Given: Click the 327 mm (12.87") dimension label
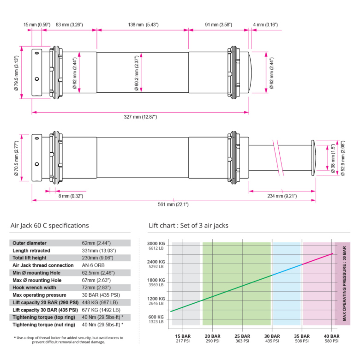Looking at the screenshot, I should click(141, 117).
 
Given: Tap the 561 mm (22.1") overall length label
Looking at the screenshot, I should click(173, 204).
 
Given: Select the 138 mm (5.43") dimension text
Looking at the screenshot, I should click(143, 24).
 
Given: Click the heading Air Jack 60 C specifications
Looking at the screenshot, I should click(49, 226).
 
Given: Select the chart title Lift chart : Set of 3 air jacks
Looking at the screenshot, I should click(188, 226).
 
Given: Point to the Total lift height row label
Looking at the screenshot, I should click(32, 258).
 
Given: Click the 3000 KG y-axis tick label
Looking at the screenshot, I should click(156, 244).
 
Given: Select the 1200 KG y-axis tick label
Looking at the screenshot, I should click(156, 299).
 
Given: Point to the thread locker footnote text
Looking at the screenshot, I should click(69, 340).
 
